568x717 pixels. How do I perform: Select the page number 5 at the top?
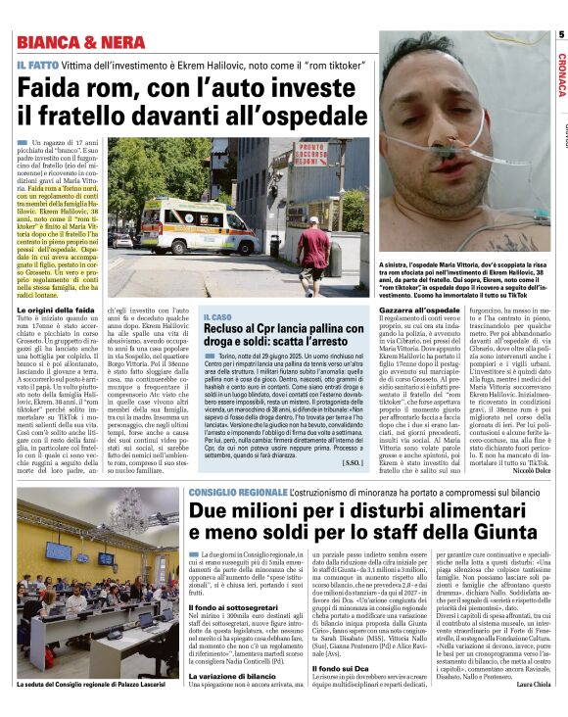pyautogui.click(x=561, y=35)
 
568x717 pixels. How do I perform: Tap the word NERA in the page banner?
pyautogui.click(x=126, y=42)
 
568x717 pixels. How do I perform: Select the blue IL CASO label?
pyautogui.click(x=218, y=317)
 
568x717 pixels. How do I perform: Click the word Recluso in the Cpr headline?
pyautogui.click(x=232, y=333)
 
